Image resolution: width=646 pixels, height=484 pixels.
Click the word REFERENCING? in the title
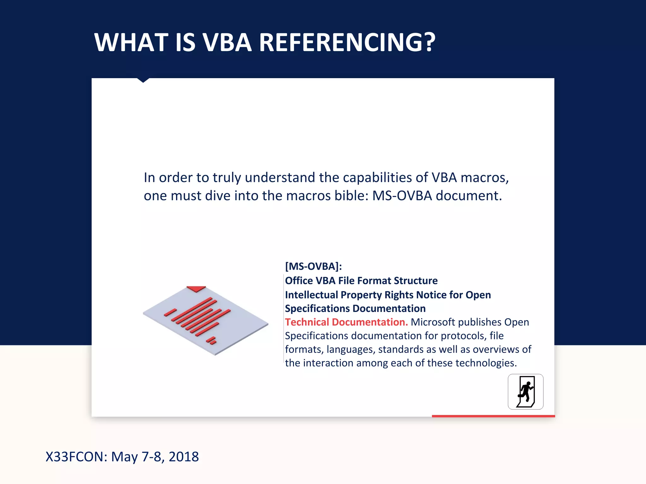pos(347,43)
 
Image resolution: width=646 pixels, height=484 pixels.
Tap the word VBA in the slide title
pos(227,43)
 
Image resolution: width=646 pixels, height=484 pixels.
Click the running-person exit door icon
pos(526,392)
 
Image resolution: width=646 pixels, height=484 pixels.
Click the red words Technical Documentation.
pos(346,322)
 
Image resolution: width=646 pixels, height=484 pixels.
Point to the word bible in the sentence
pos(351,196)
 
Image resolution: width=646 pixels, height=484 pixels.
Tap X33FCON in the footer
pos(76,457)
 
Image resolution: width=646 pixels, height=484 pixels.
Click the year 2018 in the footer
pos(184,457)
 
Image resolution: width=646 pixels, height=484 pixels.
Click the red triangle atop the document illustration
pos(196,288)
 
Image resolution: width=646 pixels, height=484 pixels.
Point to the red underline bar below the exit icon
pos(493,416)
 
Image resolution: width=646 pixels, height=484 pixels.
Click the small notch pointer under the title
pos(143,80)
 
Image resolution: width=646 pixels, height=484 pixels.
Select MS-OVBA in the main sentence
pos(402,196)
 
